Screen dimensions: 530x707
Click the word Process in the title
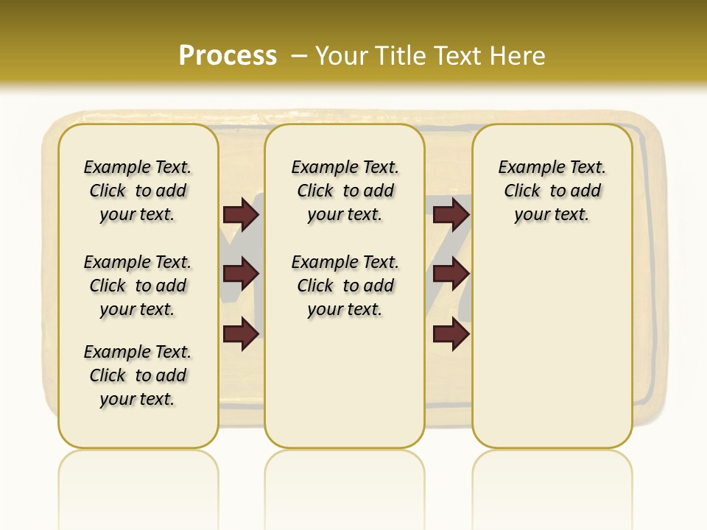pyautogui.click(x=228, y=56)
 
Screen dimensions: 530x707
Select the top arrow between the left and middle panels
pyautogui.click(x=241, y=214)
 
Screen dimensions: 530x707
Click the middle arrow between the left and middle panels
pyautogui.click(x=241, y=274)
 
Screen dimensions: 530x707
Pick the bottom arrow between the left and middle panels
pyautogui.click(x=241, y=333)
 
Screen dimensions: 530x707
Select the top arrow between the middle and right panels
pyautogui.click(x=451, y=214)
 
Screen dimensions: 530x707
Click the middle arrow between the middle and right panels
pyautogui.click(x=451, y=274)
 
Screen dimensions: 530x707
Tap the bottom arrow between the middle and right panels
pyautogui.click(x=451, y=333)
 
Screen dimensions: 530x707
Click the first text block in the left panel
pyautogui.click(x=138, y=191)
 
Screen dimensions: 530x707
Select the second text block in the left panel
pyautogui.click(x=138, y=286)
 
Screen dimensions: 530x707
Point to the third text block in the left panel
pyautogui.click(x=138, y=375)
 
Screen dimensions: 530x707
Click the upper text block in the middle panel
pyautogui.click(x=345, y=191)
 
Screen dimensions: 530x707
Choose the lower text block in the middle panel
pyautogui.click(x=345, y=286)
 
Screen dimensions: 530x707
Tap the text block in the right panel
pyautogui.click(x=552, y=191)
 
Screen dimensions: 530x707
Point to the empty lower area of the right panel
pyautogui.click(x=552, y=346)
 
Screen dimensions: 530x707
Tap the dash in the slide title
pyautogui.click(x=299, y=56)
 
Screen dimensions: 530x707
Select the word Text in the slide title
pyautogui.click(x=459, y=56)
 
